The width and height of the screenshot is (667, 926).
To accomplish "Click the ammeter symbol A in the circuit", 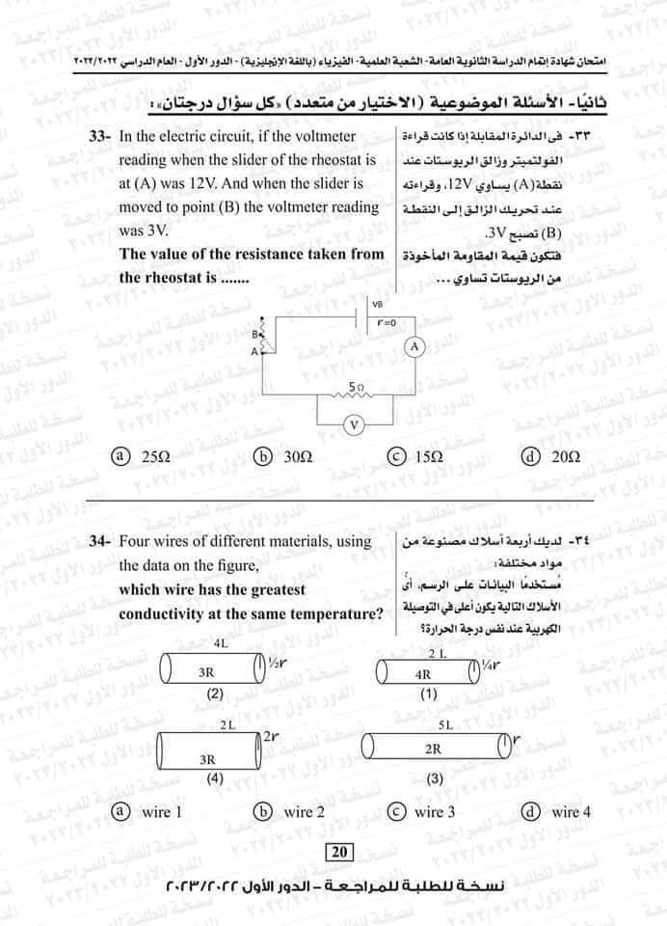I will coord(414,346).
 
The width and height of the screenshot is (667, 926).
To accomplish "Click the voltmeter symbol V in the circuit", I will coord(355,423).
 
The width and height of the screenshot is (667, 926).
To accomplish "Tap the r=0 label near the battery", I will coord(387,320).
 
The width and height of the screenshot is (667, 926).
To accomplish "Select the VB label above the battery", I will coord(377,304).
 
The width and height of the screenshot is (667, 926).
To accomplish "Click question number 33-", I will coord(101,138).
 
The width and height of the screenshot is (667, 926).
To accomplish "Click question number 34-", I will coord(101,542).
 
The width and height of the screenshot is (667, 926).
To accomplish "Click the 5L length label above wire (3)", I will coord(444,722).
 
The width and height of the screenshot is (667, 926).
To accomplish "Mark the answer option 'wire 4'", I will coord(561,812).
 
